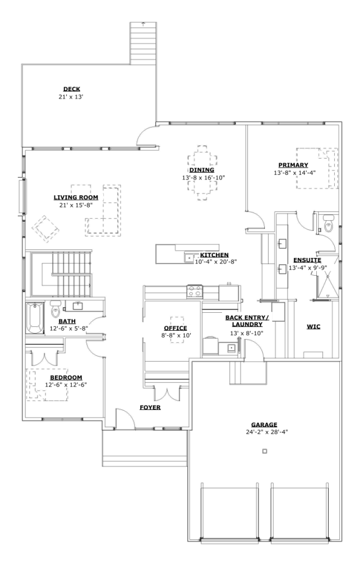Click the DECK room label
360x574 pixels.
click(x=71, y=89)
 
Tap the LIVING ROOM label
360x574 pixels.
click(x=76, y=198)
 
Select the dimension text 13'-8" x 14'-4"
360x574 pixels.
click(x=295, y=173)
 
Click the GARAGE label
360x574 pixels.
click(x=264, y=425)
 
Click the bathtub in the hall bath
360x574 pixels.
click(x=34, y=317)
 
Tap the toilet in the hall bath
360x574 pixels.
click(x=56, y=309)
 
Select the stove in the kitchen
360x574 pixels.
click(x=195, y=291)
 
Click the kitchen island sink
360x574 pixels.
click(x=189, y=258)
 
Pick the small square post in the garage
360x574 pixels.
click(x=265, y=451)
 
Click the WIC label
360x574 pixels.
click(x=313, y=327)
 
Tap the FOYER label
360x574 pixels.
click(x=150, y=408)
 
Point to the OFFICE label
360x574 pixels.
click(x=176, y=328)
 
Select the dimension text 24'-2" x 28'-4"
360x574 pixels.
click(x=267, y=432)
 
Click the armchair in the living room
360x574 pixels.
click(x=46, y=229)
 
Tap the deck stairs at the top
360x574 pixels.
click(x=143, y=43)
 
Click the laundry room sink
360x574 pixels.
click(x=232, y=348)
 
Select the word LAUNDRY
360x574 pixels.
click(x=247, y=325)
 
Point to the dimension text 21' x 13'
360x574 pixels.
click(x=71, y=97)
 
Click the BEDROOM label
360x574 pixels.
click(x=66, y=377)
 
